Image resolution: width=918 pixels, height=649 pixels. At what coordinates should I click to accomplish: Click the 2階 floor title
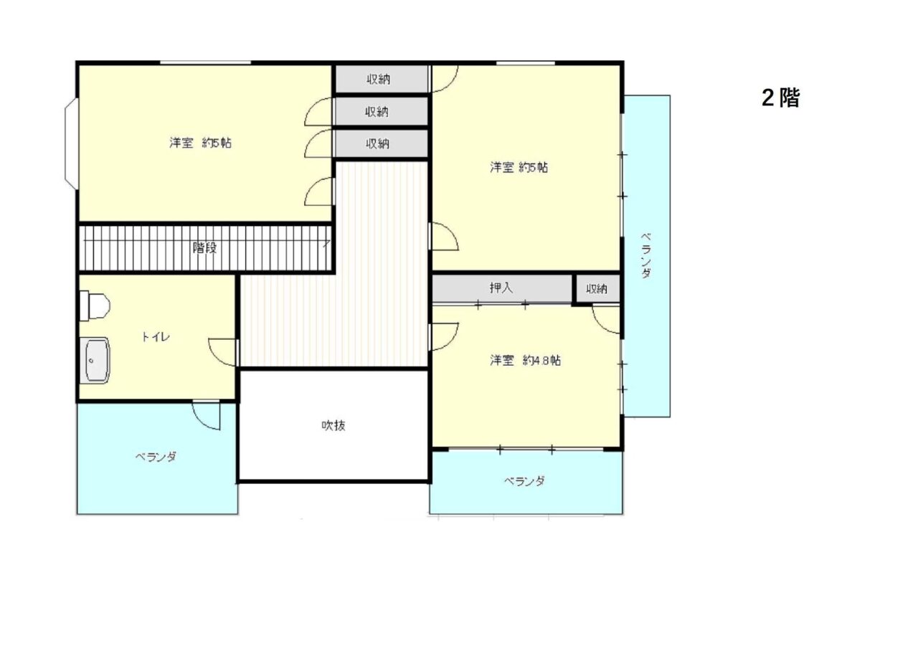pos(780,98)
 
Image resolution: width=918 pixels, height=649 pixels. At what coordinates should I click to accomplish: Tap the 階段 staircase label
pos(204,248)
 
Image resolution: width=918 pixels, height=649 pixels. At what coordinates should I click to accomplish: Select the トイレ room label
pos(156,337)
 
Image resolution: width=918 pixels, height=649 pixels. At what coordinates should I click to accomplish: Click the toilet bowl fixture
pos(95,305)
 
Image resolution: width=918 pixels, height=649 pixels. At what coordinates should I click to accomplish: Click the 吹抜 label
pos(333,426)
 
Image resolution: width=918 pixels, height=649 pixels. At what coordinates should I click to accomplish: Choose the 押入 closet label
pos(501,288)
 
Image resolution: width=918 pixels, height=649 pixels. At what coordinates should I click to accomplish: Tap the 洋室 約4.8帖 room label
pos(525,361)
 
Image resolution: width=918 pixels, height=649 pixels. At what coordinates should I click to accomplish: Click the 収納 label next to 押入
pos(596,289)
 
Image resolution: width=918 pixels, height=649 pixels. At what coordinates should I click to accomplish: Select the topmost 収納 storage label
pos(378,79)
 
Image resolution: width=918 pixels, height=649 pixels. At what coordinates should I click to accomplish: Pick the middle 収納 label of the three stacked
pos(377,111)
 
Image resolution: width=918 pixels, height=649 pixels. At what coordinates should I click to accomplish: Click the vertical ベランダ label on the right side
pos(646,256)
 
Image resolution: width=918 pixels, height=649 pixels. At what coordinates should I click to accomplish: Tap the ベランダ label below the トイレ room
pos(156,457)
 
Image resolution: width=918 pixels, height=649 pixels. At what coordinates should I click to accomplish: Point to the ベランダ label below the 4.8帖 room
pos(524,480)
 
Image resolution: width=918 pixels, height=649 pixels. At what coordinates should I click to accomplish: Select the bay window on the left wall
pos(71,144)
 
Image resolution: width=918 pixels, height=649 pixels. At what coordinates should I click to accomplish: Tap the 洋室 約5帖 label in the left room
pos(200,143)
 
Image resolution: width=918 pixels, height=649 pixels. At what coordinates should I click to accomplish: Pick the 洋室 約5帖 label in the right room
pos(519,168)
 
